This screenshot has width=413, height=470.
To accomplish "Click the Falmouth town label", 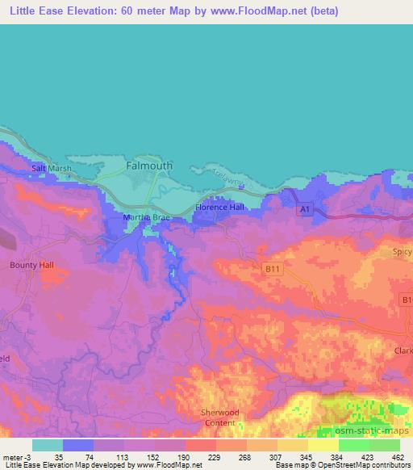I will click(x=149, y=166).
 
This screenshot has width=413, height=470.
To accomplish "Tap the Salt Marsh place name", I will click(x=52, y=168).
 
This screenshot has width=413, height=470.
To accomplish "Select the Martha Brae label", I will click(x=143, y=218).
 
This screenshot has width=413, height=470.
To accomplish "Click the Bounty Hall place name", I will click(x=29, y=264).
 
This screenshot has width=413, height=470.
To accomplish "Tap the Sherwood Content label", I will click(x=219, y=417).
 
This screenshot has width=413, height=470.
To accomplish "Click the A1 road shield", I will click(x=304, y=210).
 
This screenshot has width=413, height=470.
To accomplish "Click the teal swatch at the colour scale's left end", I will click(x=48, y=444).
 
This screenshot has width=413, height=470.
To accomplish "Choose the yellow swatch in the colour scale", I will click(x=323, y=444).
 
